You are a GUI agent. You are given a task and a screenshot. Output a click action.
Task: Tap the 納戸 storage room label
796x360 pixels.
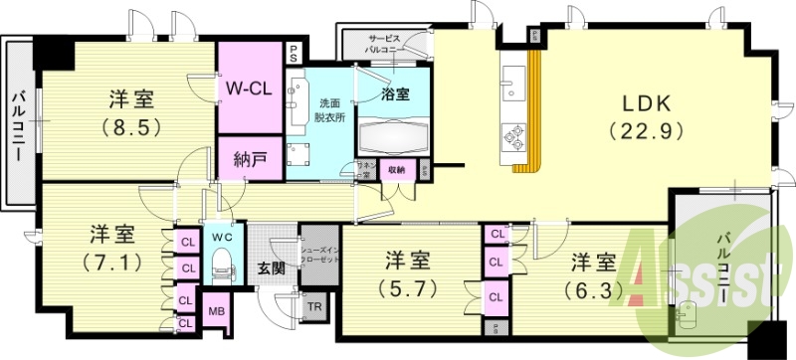[251, 158]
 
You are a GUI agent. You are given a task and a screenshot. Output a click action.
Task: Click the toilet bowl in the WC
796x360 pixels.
[222, 266]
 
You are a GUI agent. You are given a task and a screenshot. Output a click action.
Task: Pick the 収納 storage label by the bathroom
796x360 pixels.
[396, 170]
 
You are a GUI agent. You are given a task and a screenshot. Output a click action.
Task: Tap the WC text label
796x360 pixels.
[221, 239]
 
